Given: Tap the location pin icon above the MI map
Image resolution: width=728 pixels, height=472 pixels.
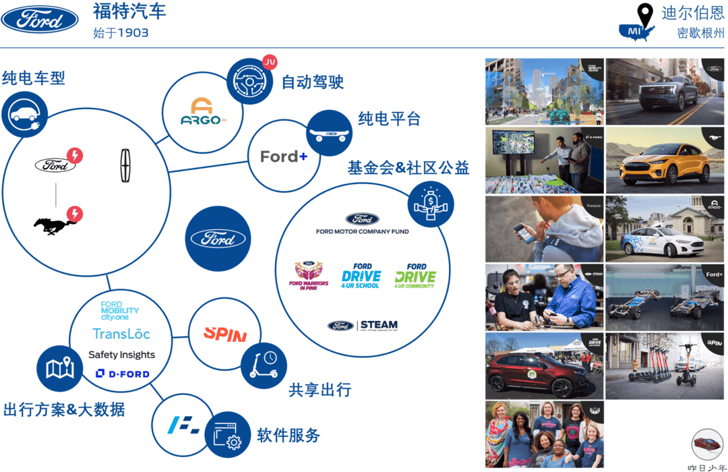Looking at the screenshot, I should [646, 15].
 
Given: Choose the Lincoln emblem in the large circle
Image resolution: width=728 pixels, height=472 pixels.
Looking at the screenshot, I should [124, 165].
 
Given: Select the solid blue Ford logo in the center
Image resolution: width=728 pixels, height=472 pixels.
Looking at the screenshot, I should [218, 239].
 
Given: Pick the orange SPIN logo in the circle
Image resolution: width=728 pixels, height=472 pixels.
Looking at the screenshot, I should [224, 333].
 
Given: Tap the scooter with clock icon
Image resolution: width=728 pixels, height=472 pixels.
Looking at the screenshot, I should [264, 365].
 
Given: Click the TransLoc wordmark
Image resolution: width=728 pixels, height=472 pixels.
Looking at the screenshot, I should [121, 334].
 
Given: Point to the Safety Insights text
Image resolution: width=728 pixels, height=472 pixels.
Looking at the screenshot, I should [121, 355].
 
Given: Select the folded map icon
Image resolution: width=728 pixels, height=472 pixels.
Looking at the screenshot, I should [59, 368].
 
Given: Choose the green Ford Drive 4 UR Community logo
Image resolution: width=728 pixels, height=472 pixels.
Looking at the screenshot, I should [415, 275].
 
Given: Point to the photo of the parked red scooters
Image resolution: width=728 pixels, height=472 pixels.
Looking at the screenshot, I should [665, 365].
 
